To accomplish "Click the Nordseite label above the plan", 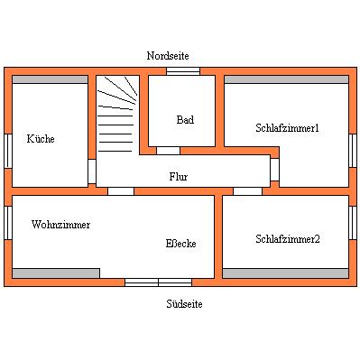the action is (169, 56).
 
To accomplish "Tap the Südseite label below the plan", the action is (184, 304).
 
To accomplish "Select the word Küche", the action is (41, 139).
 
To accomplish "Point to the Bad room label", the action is (185, 120).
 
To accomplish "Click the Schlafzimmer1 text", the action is (287, 128).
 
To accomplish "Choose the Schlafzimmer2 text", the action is (287, 239).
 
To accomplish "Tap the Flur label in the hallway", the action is (179, 177).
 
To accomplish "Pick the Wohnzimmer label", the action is (60, 224).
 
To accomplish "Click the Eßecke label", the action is (180, 244).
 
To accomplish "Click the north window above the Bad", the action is (183, 70).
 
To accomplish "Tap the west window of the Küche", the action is (7, 151).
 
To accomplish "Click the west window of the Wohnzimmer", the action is (7, 223).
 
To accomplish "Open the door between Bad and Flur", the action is (169, 150).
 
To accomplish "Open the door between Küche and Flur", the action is (92, 171).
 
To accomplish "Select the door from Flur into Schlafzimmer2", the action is (247, 190).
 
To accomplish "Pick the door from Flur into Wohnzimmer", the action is (121, 190).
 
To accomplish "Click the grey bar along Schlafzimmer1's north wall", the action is (286, 79).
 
